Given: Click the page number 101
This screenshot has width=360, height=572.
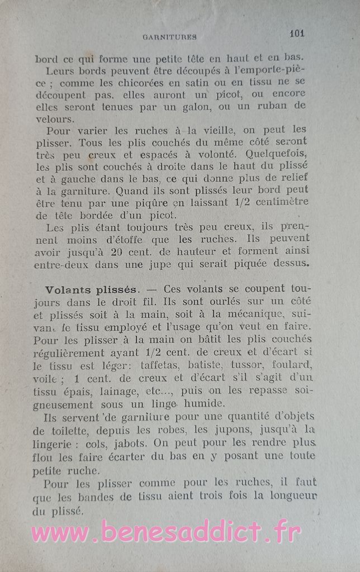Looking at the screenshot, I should coord(297,33).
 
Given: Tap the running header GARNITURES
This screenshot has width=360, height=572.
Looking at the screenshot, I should coord(169,37).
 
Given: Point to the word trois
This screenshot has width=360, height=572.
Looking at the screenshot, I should coord(206,495).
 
